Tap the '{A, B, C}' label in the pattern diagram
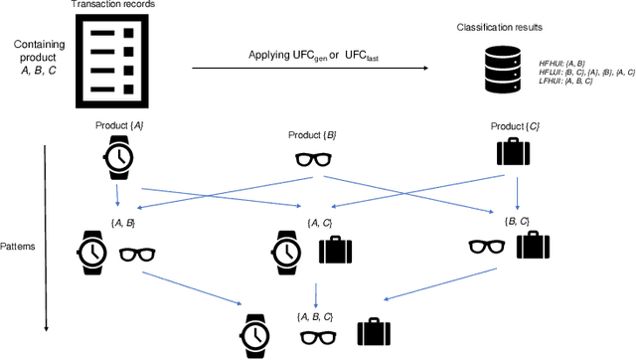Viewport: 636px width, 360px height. click(x=316, y=315)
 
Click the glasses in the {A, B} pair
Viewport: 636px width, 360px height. click(x=139, y=254)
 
